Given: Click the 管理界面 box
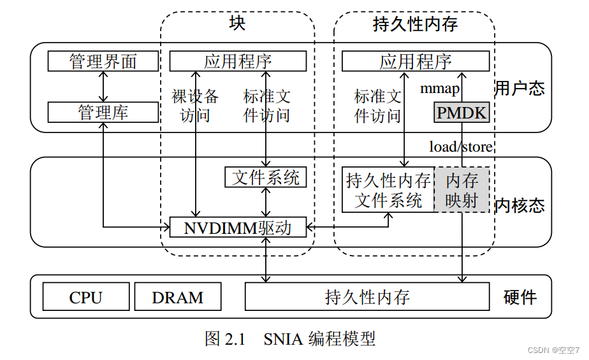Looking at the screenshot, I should pyautogui.click(x=103, y=62).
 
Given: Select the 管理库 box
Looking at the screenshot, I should pyautogui.click(x=103, y=113).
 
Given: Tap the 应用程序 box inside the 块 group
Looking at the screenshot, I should pyautogui.click(x=237, y=62).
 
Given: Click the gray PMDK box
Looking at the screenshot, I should pyautogui.click(x=462, y=113).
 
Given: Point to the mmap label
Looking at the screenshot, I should pyautogui.click(x=439, y=89).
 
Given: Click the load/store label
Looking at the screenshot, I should pyautogui.click(x=460, y=147).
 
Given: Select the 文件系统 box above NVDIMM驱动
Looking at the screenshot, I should pyautogui.click(x=265, y=177).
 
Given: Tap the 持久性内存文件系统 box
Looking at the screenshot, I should pyautogui.click(x=388, y=190).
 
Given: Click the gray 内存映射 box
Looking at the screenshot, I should pyautogui.click(x=462, y=190).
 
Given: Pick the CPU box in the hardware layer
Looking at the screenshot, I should pyautogui.click(x=85, y=297).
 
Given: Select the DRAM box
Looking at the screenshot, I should pyautogui.click(x=178, y=297).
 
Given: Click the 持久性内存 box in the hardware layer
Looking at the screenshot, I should pyautogui.click(x=367, y=297).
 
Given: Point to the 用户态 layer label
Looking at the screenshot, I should pyautogui.click(x=520, y=88).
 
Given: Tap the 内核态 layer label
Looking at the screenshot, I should pyautogui.click(x=520, y=205).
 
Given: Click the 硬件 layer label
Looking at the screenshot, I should pyautogui.click(x=520, y=297).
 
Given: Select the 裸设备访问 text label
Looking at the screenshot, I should pyautogui.click(x=195, y=106).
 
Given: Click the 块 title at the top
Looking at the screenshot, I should pyautogui.click(x=237, y=24).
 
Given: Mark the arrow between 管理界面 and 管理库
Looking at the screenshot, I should pyautogui.click(x=103, y=87).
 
